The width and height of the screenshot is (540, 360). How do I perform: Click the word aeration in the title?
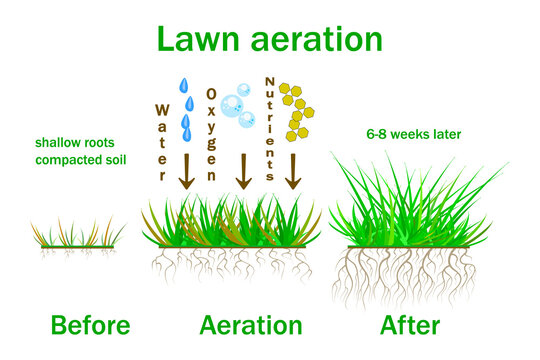click(x=314, y=39)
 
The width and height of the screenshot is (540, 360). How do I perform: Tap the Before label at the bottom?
click(x=76, y=325)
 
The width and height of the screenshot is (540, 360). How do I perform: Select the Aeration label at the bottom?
click(x=251, y=325)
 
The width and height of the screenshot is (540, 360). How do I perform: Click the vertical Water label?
click(x=163, y=140)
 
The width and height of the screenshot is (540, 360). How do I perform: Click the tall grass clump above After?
click(x=412, y=210)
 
